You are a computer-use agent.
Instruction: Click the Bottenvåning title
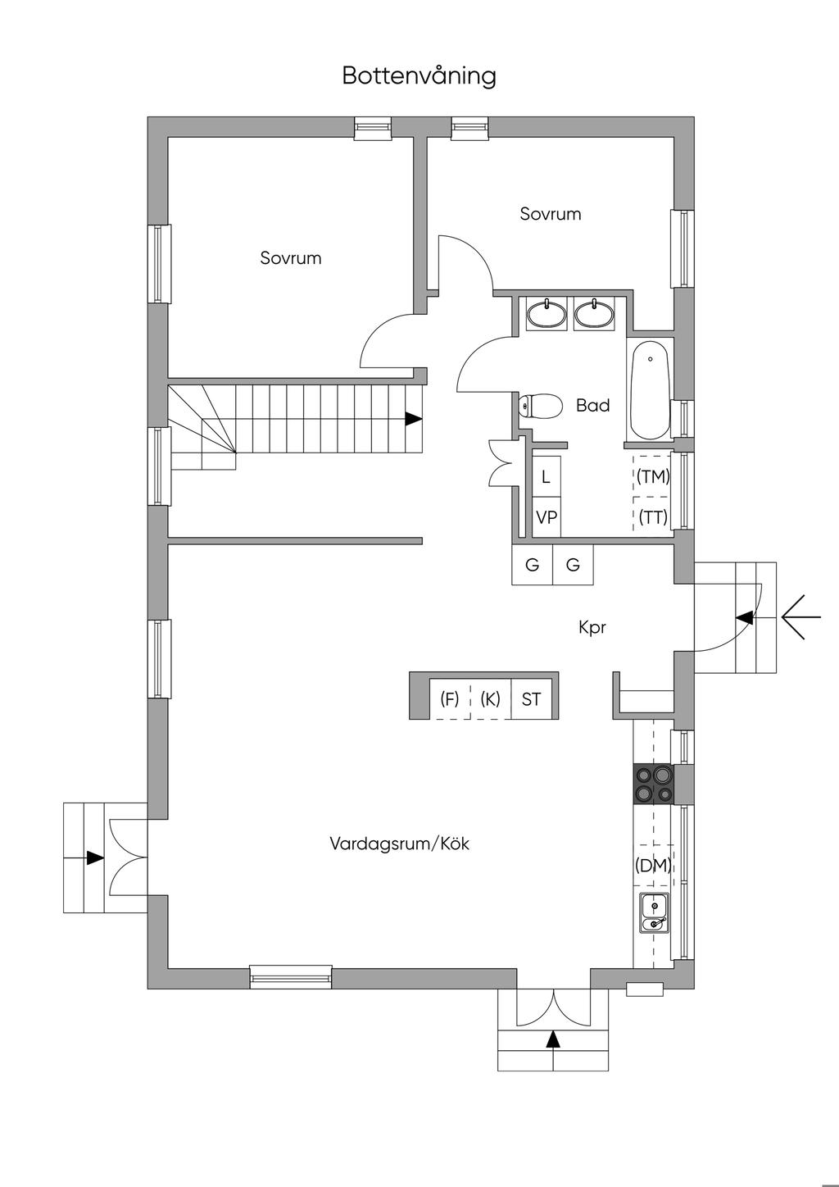click(x=419, y=76)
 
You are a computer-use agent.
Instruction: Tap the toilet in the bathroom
click(x=541, y=406)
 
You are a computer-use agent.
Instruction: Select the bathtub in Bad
click(x=651, y=389)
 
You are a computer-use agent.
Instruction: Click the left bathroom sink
click(x=546, y=314)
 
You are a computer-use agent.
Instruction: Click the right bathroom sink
click(x=594, y=314)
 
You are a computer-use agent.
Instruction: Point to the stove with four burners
click(x=652, y=783)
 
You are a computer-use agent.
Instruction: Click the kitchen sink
click(x=654, y=913)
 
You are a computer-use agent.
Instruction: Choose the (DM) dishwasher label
click(x=653, y=865)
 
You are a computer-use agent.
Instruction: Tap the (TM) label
click(x=653, y=476)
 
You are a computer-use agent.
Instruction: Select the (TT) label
click(x=653, y=517)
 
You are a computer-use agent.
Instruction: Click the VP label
click(x=546, y=517)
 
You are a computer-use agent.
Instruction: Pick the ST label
click(x=532, y=699)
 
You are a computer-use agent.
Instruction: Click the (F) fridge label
click(x=449, y=699)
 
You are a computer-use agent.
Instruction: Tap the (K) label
click(x=490, y=699)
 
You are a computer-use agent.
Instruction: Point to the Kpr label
click(x=592, y=628)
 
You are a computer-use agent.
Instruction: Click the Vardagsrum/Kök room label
click(x=400, y=844)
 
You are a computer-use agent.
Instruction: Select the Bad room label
click(x=592, y=405)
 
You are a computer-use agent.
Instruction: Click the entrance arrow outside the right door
click(x=801, y=617)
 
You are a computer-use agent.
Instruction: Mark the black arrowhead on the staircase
click(x=413, y=419)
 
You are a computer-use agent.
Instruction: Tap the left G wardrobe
click(x=532, y=565)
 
